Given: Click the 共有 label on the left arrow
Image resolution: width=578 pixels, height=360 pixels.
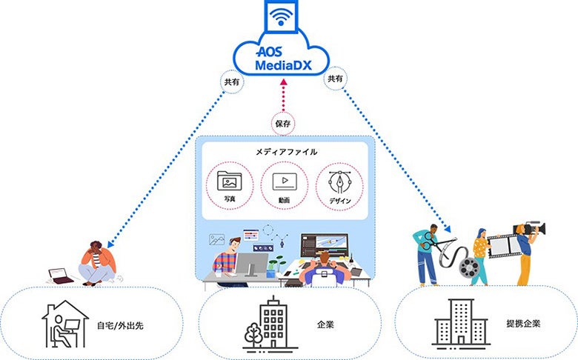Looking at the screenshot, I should [230, 81].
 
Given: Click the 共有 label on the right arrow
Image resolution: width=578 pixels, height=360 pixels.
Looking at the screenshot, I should [336, 79].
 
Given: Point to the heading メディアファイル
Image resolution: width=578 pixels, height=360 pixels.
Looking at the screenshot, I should [287, 152].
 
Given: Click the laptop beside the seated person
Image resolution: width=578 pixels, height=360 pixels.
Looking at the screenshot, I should [62, 276].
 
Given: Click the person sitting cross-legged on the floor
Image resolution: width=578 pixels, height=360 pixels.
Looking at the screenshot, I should [98, 263].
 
